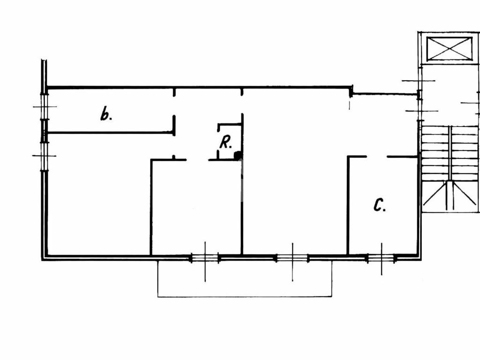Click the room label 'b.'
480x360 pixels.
coord(106,114)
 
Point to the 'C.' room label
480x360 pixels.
coord(379,205)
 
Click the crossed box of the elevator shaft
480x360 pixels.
coord(449,49)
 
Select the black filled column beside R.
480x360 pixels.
coord(238,155)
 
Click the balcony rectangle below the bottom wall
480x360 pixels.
coord(245,278)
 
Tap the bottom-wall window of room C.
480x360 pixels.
coord(381,257)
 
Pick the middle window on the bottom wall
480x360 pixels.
coord(292,257)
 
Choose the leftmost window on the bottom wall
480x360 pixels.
coord(205,257)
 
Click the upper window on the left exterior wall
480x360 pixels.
coord(45,107)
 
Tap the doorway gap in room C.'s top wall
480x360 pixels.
coord(376,157)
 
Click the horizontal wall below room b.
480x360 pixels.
coord(110,133)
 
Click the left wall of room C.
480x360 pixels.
coord(348,206)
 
